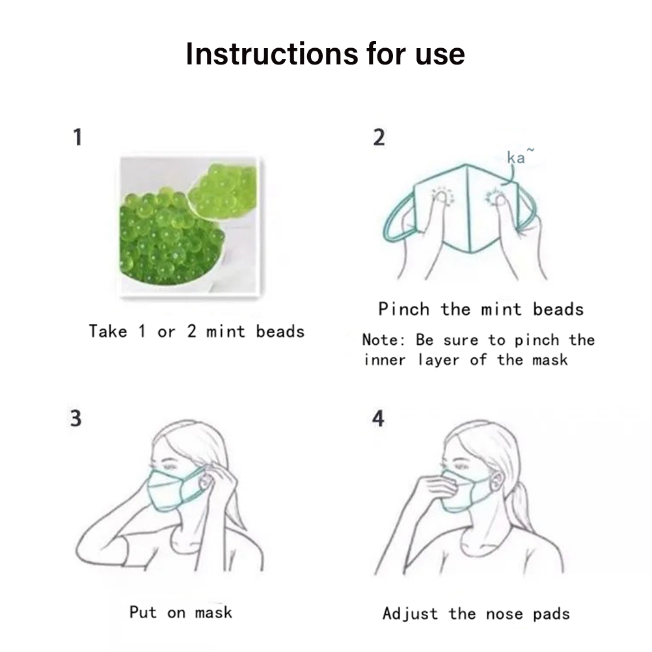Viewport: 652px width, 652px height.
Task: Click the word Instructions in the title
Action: point(271,53)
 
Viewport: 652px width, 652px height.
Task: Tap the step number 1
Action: point(77,137)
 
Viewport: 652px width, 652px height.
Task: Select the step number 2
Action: point(379,137)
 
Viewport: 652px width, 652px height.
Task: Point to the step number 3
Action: point(75,418)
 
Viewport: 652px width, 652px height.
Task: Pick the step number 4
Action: point(378,418)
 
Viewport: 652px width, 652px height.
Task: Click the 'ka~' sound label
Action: point(520,156)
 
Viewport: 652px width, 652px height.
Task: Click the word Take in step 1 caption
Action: point(108,331)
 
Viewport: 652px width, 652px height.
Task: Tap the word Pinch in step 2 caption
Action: point(403,309)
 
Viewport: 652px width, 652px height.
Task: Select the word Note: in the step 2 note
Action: point(383,340)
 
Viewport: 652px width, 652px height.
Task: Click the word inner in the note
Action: point(385,360)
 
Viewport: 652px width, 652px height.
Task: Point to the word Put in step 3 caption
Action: point(143,612)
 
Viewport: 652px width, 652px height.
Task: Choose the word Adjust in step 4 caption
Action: point(410,614)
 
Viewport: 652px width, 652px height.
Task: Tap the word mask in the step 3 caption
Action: point(213,612)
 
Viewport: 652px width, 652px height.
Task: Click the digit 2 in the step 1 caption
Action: point(191,331)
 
